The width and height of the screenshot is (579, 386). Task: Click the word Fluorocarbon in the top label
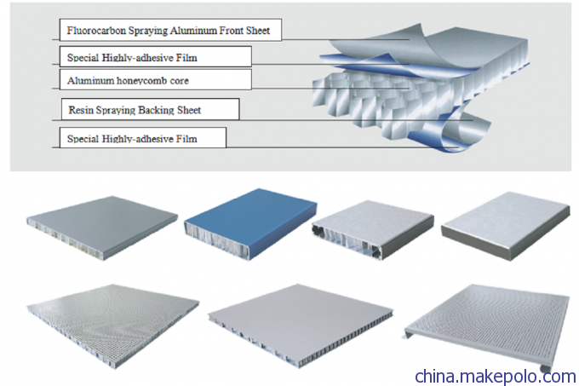[x=96, y=31]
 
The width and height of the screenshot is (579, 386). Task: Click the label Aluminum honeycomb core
[x=128, y=81]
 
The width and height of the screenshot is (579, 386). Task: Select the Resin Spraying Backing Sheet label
[x=135, y=110]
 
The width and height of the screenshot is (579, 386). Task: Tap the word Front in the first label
[x=231, y=31]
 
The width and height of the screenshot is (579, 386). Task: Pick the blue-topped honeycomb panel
[x=250, y=223]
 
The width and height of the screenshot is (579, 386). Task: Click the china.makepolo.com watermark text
[x=496, y=376]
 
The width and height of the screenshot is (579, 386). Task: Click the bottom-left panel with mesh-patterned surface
[x=113, y=325]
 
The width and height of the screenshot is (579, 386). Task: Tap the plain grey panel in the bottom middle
[x=301, y=325]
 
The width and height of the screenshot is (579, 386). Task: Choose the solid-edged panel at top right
[x=506, y=225]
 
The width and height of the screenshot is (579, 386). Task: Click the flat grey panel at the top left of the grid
[x=102, y=228]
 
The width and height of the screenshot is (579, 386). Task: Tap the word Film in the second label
[x=186, y=58]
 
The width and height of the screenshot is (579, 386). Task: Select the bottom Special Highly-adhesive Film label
[x=132, y=139]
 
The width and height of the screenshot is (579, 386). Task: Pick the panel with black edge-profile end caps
[x=373, y=229]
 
